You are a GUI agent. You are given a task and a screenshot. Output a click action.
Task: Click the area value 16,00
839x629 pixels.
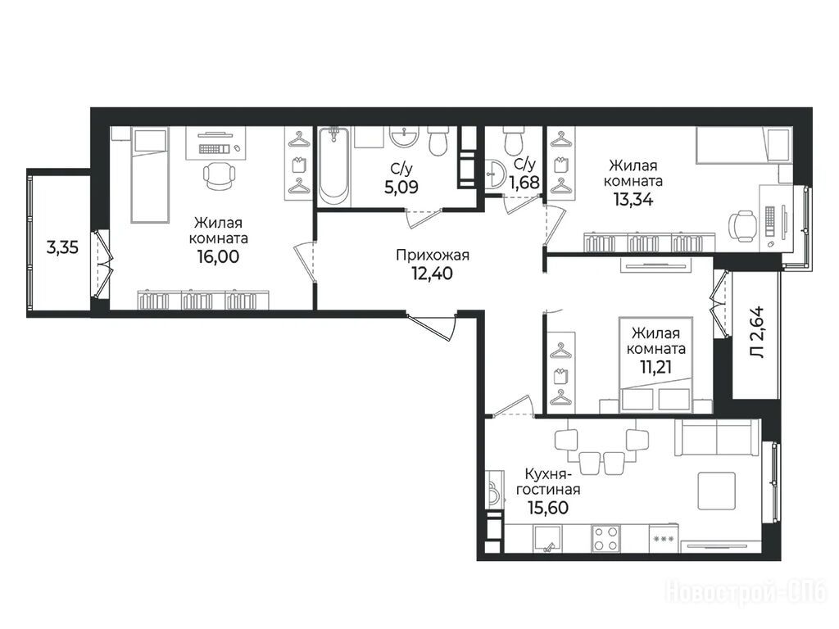(x=218, y=256)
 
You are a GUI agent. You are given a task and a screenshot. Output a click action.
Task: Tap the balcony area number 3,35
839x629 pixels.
(x=62, y=247)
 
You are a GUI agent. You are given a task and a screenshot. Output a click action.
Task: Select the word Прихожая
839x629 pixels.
(x=433, y=256)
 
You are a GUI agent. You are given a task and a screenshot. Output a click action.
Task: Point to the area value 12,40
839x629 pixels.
(x=432, y=274)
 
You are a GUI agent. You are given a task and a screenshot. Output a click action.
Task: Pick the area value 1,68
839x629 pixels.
(x=524, y=183)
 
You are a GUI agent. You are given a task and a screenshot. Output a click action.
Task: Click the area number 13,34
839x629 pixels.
(x=633, y=199)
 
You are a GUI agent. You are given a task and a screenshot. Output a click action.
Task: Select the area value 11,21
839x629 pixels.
(x=655, y=367)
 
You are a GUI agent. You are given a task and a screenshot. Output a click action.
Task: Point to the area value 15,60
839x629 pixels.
(x=548, y=507)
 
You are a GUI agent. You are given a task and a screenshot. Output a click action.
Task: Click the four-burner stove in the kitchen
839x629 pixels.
(x=606, y=538)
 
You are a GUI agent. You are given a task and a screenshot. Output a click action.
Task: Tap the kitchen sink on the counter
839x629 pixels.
(x=547, y=538)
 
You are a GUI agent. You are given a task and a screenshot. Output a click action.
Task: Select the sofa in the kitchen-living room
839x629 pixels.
(x=718, y=437)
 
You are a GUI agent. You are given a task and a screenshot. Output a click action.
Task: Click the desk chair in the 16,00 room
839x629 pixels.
(x=219, y=174)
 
